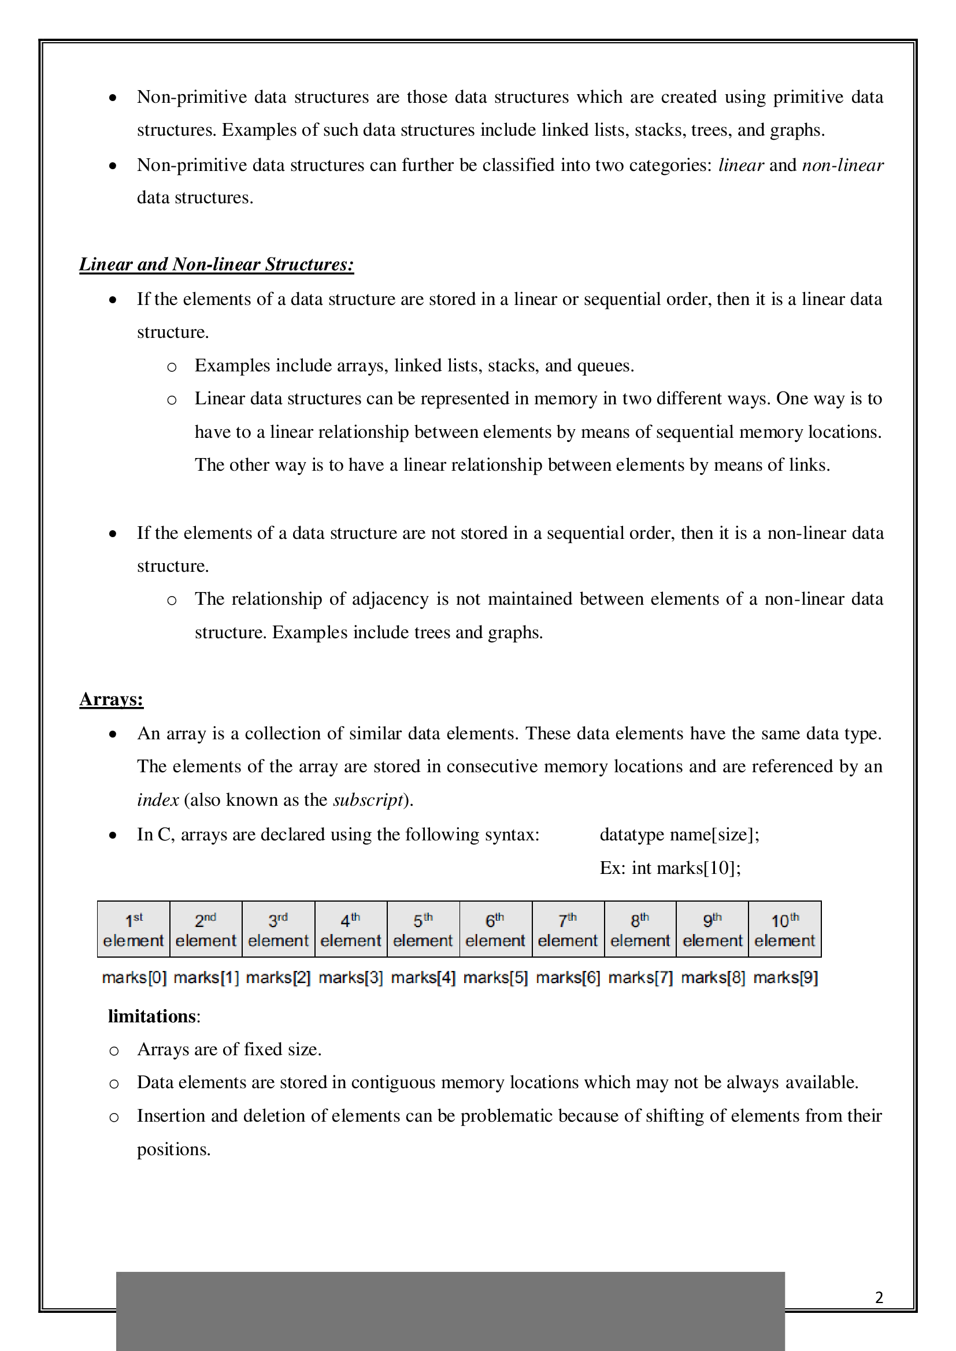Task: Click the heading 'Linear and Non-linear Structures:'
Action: point(216,264)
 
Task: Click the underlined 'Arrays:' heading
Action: point(111,699)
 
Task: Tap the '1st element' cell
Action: point(134,930)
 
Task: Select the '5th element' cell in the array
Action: point(423,930)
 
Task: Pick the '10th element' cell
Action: point(785,930)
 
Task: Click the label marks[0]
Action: point(134,977)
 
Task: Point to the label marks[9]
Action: point(785,977)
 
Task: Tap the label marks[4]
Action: point(423,977)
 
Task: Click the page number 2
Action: point(879,1297)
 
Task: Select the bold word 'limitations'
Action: point(152,1016)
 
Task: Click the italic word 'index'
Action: point(158,799)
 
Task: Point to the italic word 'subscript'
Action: point(368,799)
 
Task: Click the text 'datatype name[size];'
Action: point(679,835)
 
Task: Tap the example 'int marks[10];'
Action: point(686,868)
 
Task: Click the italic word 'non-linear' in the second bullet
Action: point(842,165)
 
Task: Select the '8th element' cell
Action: point(640,930)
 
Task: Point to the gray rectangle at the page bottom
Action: point(450,1311)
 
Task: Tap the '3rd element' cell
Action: point(279,930)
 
